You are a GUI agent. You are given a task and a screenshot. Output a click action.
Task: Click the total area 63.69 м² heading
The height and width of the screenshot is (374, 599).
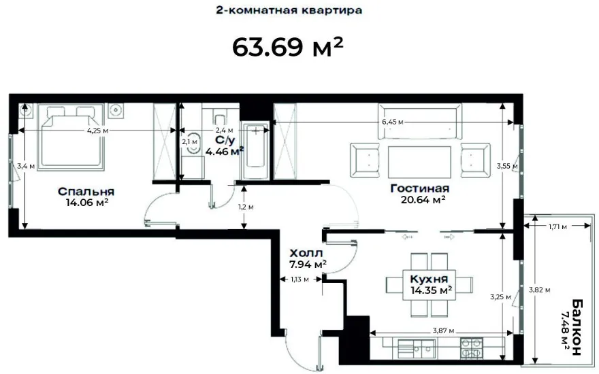tap(288, 46)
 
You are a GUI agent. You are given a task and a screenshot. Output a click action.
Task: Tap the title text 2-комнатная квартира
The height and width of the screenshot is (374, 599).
tap(289, 10)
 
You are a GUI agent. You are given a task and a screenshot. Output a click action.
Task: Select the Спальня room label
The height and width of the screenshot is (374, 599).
tap(86, 191)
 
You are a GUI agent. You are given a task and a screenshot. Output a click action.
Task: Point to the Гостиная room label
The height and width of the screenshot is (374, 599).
tap(420, 188)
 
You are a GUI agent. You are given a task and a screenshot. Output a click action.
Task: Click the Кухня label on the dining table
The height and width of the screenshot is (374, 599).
tap(429, 279)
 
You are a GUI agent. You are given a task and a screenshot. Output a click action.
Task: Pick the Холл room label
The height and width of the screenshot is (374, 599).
tap(306, 253)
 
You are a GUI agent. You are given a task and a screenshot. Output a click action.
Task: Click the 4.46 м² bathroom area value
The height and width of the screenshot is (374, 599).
tap(225, 152)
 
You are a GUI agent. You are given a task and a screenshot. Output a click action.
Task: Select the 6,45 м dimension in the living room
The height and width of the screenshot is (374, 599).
tap(392, 122)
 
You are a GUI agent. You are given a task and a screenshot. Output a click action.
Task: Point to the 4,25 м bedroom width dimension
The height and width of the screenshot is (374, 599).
tap(97, 131)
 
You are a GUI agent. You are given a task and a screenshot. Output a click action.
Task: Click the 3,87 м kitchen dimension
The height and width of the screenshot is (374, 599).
tap(443, 331)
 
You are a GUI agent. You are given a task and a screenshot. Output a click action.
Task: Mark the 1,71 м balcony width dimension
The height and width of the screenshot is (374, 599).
tap(557, 226)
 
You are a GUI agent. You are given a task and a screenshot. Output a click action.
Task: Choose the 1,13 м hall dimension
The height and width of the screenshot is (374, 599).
tap(299, 279)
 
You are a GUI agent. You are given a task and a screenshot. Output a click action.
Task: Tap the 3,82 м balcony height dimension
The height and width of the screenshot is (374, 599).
tap(539, 290)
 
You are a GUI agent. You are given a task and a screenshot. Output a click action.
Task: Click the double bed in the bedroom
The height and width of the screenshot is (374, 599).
tap(71, 137)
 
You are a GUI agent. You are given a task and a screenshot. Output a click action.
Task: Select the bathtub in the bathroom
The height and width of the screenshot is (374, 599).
tap(255, 150)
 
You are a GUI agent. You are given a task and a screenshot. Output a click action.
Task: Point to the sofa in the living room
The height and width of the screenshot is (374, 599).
tap(419, 121)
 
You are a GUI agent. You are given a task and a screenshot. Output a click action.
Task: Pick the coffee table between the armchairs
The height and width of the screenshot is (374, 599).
tap(419, 162)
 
